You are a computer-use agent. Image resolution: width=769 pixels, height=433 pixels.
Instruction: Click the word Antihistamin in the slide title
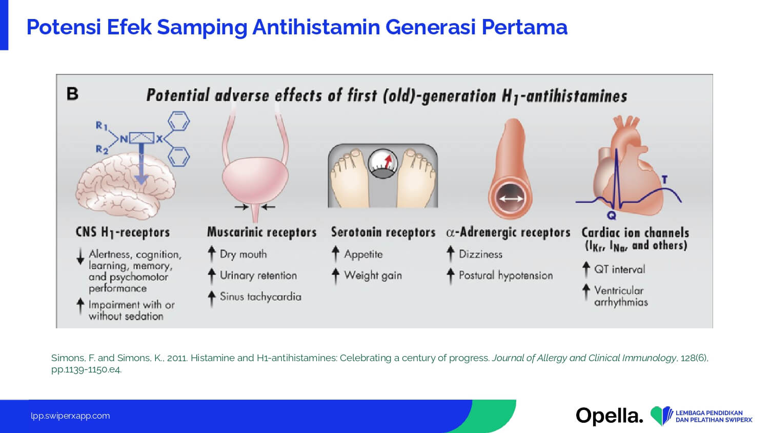(316, 27)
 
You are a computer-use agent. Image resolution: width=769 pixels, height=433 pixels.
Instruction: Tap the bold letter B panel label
(72, 94)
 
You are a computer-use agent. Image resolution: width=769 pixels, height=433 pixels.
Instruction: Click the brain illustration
(125, 186)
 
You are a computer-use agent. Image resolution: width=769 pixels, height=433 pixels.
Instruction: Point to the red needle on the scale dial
(388, 161)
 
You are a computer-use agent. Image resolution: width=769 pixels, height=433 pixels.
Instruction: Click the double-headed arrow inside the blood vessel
(511, 199)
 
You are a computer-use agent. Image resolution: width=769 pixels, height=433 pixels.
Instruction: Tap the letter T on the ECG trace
(664, 180)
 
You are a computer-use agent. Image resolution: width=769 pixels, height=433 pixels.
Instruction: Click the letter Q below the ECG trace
(612, 215)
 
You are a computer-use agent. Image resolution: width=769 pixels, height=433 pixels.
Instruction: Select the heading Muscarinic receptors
(261, 232)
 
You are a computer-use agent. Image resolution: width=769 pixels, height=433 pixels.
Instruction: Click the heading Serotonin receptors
(383, 232)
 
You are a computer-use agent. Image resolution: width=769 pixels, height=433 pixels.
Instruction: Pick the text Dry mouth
(243, 254)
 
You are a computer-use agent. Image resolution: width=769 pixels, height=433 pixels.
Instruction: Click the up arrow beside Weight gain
(336, 277)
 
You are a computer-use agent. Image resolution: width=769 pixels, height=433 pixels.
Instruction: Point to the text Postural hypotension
(505, 275)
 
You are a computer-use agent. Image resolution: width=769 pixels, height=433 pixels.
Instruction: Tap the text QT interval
(620, 269)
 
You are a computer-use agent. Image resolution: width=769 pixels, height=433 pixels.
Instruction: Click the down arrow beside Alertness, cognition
(80, 257)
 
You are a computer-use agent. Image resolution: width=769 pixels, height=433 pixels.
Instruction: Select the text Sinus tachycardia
(260, 297)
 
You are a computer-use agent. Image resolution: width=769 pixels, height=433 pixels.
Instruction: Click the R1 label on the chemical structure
(102, 126)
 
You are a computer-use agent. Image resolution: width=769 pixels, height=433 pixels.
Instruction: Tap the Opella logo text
(610, 416)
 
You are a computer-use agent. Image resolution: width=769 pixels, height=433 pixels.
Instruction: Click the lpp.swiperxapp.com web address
(70, 416)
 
